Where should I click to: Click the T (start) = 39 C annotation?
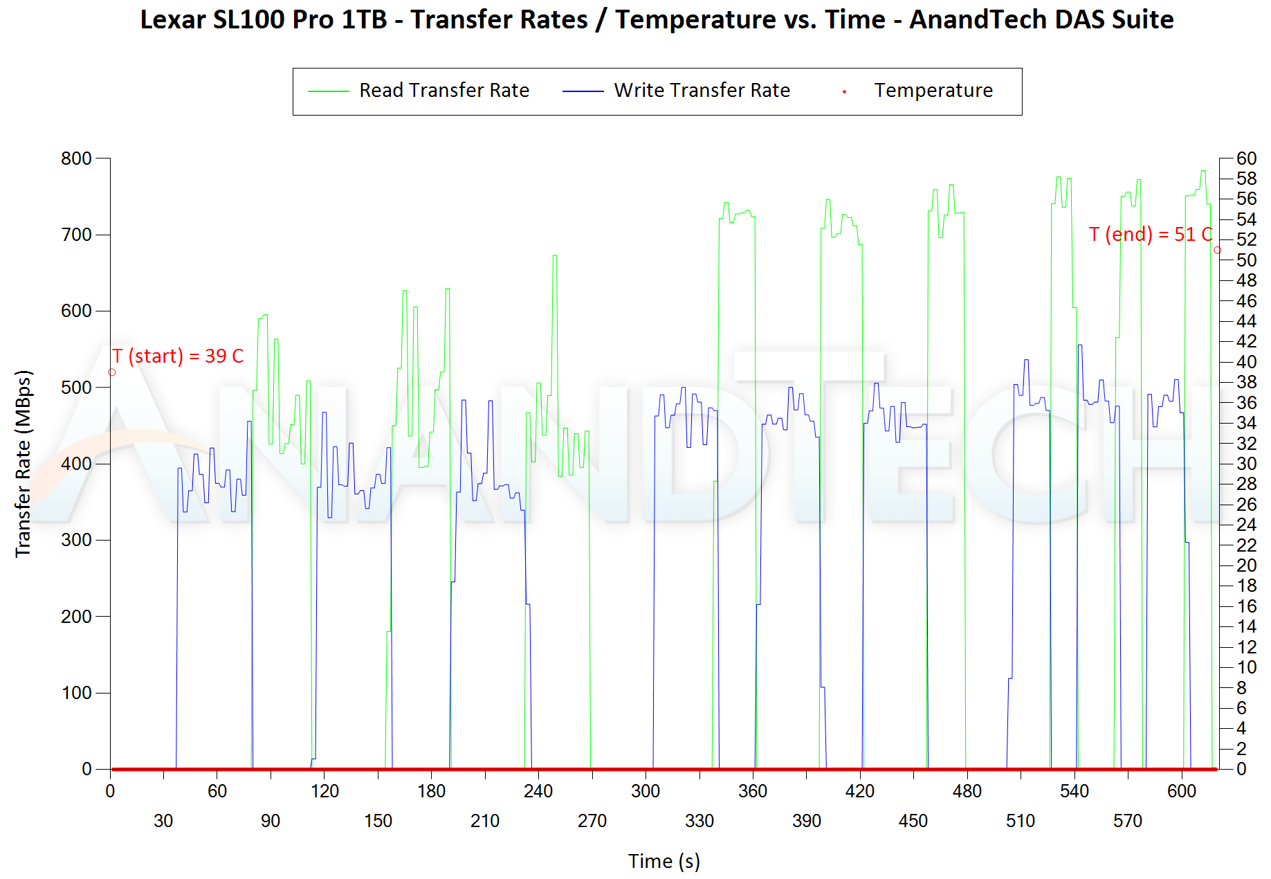click(x=178, y=356)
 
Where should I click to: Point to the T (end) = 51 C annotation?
click(x=1150, y=235)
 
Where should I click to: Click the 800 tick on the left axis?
click(x=77, y=158)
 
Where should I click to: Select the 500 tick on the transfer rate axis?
click(x=77, y=388)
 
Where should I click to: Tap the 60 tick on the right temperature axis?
click(x=1247, y=158)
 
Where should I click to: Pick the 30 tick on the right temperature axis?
click(x=1247, y=464)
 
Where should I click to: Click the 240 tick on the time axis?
click(x=538, y=791)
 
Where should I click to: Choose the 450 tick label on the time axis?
click(x=913, y=821)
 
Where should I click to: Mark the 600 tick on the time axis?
click(x=1182, y=791)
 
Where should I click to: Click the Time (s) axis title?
click(x=664, y=861)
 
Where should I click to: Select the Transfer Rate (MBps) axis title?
click(x=24, y=464)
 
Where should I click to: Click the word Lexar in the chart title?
click(x=173, y=19)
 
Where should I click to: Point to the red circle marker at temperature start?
click(x=112, y=372)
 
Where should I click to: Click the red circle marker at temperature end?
click(x=1218, y=251)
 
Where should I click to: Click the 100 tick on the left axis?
click(x=77, y=693)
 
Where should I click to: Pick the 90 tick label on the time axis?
click(x=271, y=821)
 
